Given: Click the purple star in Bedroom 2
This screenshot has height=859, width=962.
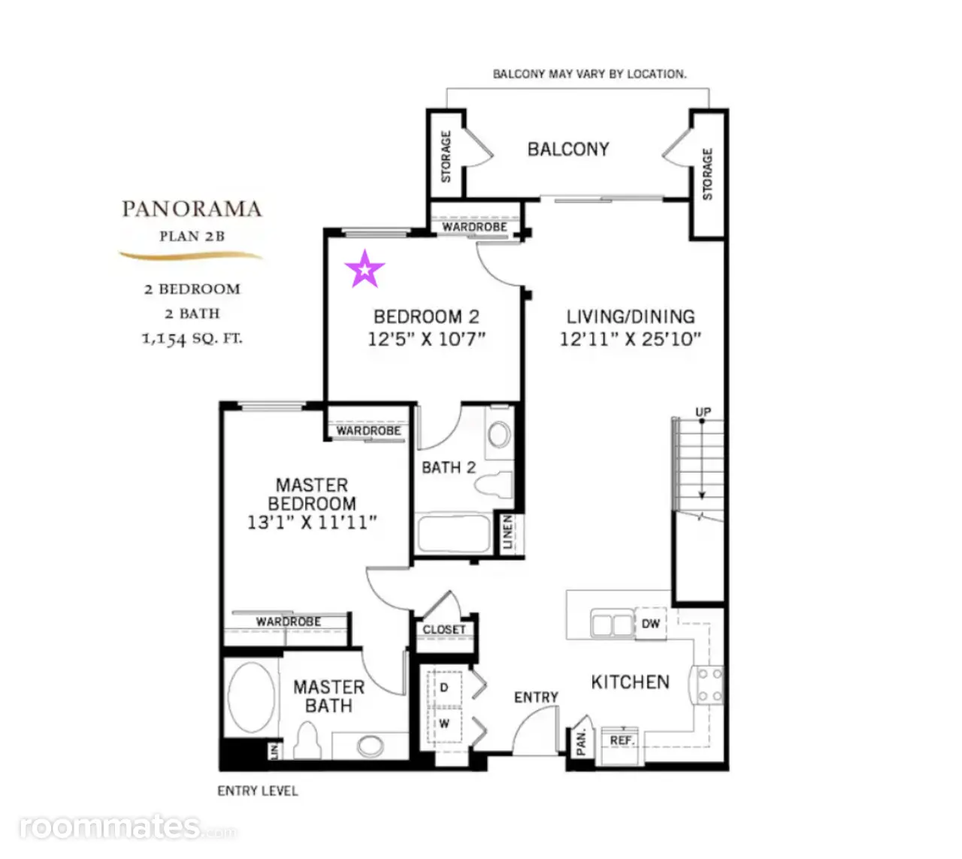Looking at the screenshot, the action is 365,269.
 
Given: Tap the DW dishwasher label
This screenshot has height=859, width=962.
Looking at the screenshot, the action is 650,624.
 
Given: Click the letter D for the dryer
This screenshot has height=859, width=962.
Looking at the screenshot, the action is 444,687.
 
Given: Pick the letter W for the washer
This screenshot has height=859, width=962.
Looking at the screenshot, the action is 444,724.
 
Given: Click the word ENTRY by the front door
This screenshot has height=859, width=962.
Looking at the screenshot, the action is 536,697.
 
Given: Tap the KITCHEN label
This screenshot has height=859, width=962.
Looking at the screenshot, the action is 630,682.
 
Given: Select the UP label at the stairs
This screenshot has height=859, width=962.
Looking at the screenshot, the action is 703,412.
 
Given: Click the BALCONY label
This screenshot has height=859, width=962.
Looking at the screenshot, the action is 568,149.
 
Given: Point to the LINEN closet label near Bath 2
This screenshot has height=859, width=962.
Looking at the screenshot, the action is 507,532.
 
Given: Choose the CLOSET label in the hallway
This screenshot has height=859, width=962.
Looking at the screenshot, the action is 444,630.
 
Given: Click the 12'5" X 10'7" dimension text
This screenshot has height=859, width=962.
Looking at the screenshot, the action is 427,339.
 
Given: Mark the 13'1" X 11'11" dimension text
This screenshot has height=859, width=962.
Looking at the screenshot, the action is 312,522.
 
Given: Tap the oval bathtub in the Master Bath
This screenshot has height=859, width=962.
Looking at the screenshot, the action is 251,697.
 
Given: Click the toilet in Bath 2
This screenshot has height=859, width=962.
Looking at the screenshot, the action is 494,485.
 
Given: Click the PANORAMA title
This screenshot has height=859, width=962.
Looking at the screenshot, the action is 192,209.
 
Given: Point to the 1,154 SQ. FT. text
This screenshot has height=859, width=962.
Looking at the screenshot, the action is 192,339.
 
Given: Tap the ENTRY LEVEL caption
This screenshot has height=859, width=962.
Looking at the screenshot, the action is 258,791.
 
